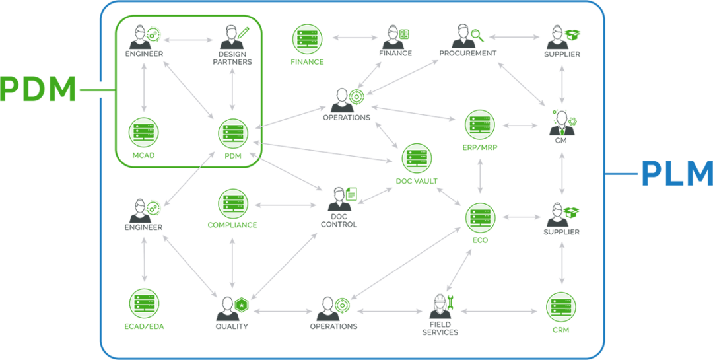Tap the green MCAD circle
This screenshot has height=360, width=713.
tap(143, 133)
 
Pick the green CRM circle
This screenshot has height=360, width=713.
tap(561, 306)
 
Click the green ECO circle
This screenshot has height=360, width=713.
tap(480, 217)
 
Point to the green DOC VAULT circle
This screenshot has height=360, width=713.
tap(417, 159)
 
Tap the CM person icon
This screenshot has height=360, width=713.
tap(561, 119)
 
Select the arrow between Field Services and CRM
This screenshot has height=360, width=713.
tap(500, 310)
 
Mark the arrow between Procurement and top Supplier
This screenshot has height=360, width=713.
tap(514, 38)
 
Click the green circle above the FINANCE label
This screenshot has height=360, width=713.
tap(307, 38)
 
